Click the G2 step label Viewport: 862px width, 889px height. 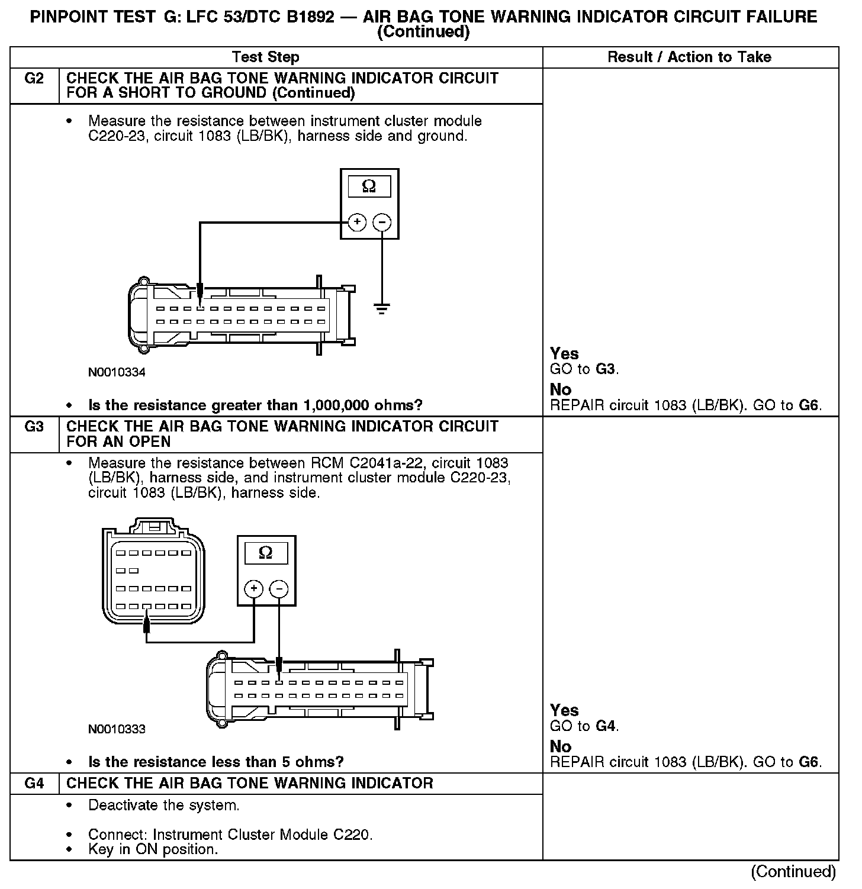click(x=34, y=79)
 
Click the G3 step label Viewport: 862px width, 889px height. click(x=34, y=427)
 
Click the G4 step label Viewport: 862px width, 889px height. click(x=34, y=784)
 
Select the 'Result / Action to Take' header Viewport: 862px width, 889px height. click(x=690, y=57)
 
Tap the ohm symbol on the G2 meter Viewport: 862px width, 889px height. click(x=369, y=186)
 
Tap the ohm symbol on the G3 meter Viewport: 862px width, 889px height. click(x=266, y=553)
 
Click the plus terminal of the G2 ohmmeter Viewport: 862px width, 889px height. click(x=356, y=223)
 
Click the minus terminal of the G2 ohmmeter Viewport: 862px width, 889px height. click(x=382, y=223)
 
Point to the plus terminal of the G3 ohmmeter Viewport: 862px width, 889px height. click(x=253, y=589)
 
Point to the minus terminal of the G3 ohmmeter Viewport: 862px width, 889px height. click(x=279, y=589)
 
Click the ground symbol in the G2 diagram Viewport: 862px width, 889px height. click(x=382, y=308)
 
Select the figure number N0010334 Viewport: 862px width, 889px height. click(x=117, y=372)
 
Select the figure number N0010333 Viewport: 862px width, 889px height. click(x=117, y=729)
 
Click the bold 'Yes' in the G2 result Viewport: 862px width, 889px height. click(x=564, y=353)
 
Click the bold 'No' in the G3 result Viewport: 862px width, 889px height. click(x=561, y=746)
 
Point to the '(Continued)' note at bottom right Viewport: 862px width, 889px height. click(x=793, y=872)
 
